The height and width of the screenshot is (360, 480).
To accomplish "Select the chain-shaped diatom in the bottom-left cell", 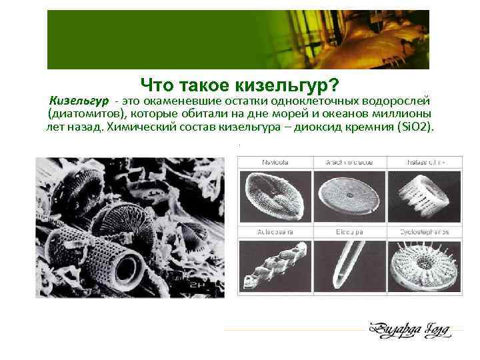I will (273, 267).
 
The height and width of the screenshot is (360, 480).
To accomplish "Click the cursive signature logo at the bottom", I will (407, 329).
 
